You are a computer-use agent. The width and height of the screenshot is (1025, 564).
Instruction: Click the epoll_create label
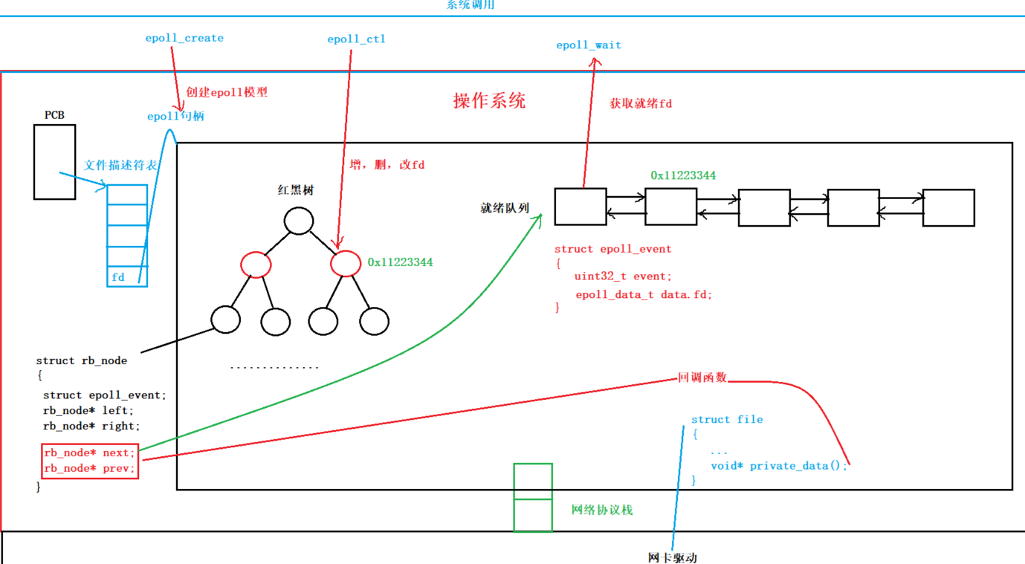point(184,39)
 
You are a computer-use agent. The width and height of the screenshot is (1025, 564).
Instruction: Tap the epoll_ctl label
point(356,39)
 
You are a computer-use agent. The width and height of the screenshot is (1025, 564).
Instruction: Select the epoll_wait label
point(589,45)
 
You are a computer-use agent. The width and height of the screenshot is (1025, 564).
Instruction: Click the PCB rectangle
point(54,162)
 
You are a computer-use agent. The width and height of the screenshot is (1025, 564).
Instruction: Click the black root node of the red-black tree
point(299,221)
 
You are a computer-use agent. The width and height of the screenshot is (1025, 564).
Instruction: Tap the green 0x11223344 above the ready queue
point(683,175)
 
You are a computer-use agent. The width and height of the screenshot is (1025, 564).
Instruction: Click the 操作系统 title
point(489,101)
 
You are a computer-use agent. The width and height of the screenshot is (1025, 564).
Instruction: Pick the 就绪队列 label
point(505,208)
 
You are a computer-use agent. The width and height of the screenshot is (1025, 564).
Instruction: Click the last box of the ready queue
point(948,207)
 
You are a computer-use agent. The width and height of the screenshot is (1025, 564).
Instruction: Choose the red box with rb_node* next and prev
point(90,461)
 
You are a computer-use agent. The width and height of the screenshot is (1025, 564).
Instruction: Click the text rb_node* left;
point(88,410)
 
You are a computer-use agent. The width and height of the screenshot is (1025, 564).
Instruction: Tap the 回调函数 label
point(702,378)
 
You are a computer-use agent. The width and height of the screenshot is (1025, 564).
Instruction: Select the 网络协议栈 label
point(602,510)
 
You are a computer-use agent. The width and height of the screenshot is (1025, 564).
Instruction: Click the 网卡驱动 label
point(672,557)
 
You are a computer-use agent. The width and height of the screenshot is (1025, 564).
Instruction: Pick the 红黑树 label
point(296,190)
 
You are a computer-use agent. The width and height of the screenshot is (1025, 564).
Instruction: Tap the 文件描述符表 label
point(120,165)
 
